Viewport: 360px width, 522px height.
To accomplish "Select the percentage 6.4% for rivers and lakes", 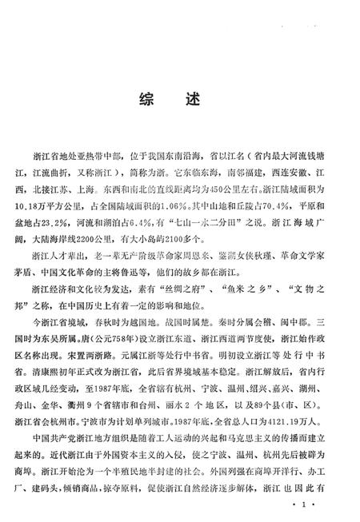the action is (150, 217).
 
